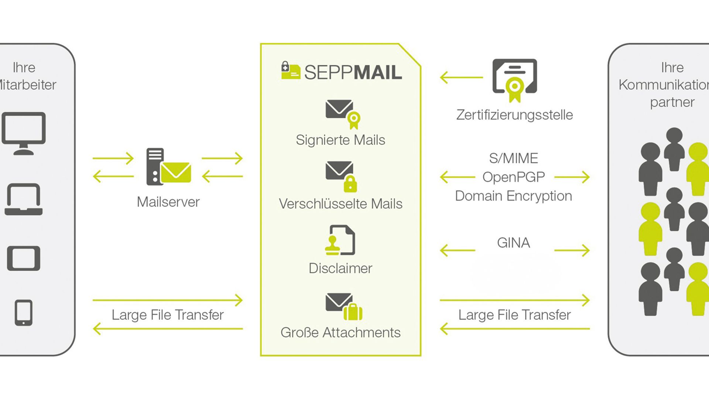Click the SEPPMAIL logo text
click(x=353, y=72)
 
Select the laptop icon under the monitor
click(x=24, y=199)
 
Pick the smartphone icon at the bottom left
click(x=24, y=313)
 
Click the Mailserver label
click(x=168, y=202)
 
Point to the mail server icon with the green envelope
click(x=168, y=167)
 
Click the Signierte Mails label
click(x=340, y=140)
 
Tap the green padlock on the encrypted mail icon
click(x=350, y=184)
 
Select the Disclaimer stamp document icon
click(x=340, y=240)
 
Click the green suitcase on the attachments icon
click(x=353, y=312)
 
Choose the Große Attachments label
click(x=340, y=332)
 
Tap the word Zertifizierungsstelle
click(x=514, y=115)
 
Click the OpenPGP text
click(x=514, y=177)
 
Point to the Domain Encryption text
click(x=514, y=196)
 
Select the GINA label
click(x=514, y=243)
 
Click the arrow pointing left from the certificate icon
click(x=461, y=78)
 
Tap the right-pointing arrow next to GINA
click(x=572, y=250)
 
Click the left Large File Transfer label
click(x=168, y=315)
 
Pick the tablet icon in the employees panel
click(x=24, y=258)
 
